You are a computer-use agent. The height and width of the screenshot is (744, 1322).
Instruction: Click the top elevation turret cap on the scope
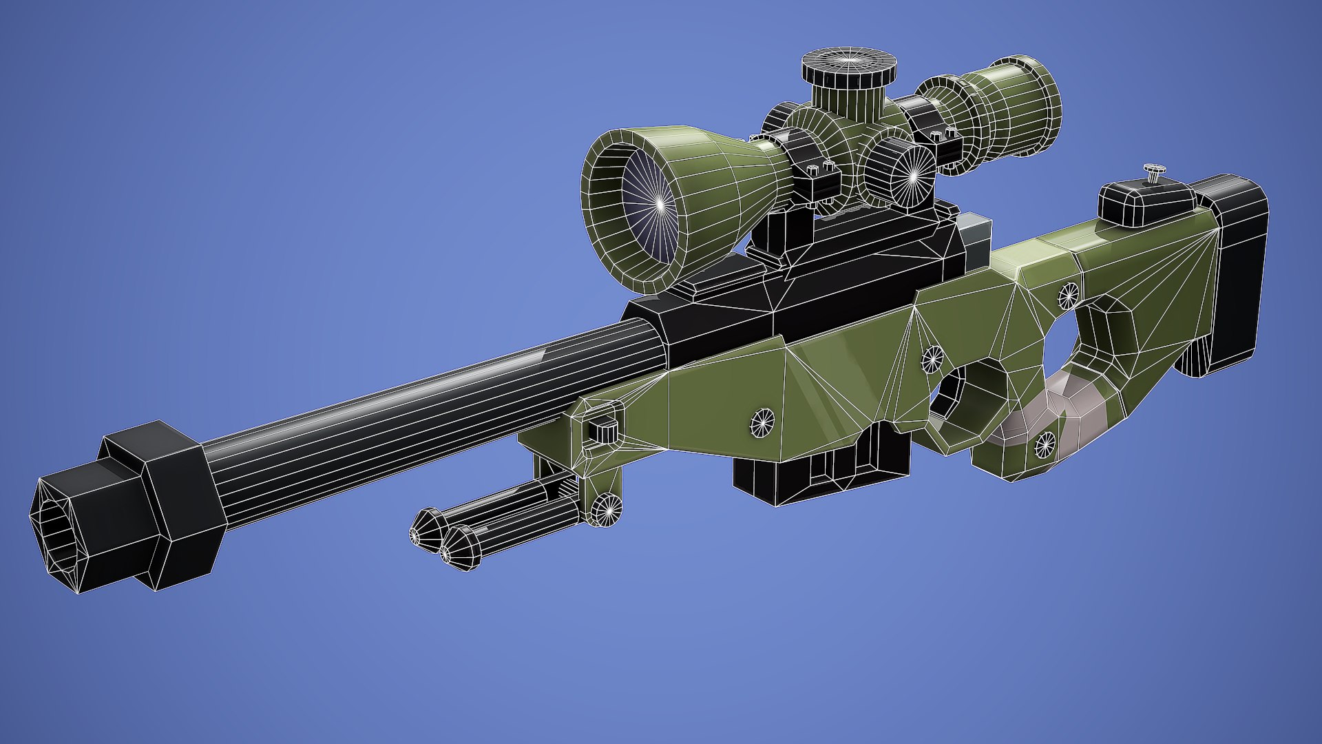849,64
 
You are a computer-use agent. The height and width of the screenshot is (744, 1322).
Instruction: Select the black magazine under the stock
819,468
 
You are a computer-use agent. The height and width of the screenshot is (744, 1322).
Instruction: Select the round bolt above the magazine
762,422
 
